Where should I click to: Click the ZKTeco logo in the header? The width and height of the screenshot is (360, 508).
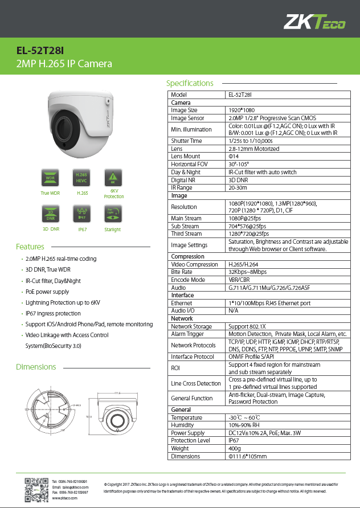314,22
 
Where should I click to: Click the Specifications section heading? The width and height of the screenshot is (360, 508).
189,83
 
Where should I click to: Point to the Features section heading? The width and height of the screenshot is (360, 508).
30,247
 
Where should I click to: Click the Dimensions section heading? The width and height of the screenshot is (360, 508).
35,367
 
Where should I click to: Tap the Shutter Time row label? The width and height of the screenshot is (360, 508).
186,141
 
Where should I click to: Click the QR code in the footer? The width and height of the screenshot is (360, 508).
35,490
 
